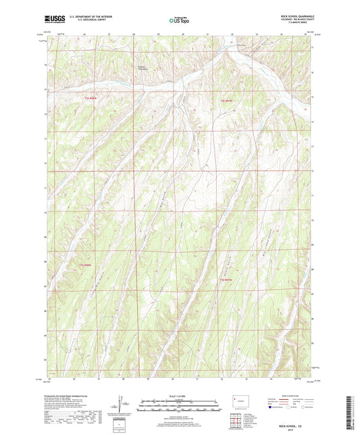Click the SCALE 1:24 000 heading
click(x=180, y=395)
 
